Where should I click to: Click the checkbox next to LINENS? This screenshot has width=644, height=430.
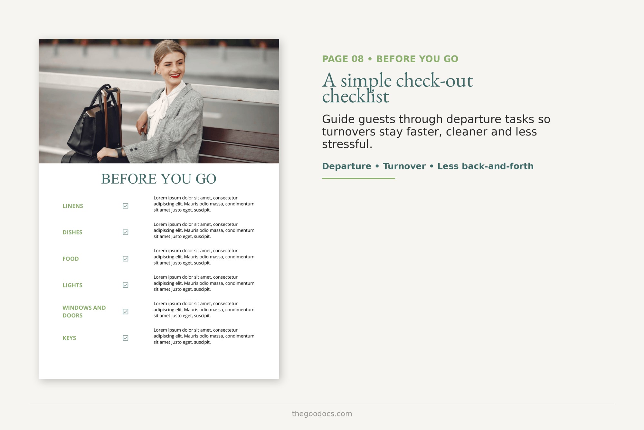126,206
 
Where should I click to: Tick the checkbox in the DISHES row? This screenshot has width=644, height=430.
126,232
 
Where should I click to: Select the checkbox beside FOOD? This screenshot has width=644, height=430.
126,259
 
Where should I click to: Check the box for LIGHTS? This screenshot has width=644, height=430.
126,285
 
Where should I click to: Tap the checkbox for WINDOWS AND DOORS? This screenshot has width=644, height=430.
126,312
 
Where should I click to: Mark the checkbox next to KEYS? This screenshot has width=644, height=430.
126,338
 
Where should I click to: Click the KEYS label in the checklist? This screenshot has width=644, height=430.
69,338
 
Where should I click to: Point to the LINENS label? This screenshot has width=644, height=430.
73,206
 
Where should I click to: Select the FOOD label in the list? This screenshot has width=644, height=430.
71,259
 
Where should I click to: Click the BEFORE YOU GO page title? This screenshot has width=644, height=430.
159,179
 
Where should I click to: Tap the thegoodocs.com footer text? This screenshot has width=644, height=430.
322,414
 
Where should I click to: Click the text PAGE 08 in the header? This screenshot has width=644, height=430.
343,59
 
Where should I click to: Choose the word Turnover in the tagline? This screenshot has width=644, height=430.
404,166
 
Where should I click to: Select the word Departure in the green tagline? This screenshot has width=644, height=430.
346,166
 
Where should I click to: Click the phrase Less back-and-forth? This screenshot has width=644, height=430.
485,166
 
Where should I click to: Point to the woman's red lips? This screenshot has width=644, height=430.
175,76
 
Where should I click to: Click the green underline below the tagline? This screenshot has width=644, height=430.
358,178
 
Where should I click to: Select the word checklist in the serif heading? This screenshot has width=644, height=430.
355,96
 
